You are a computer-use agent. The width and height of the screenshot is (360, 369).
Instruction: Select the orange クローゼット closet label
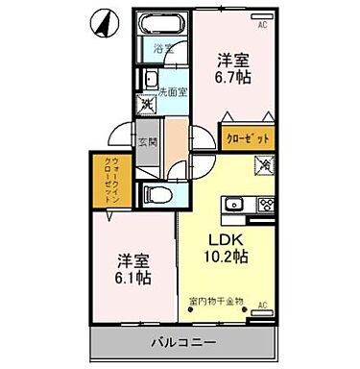coord(248,139)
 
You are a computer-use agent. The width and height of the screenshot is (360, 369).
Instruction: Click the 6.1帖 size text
coord(132,279)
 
